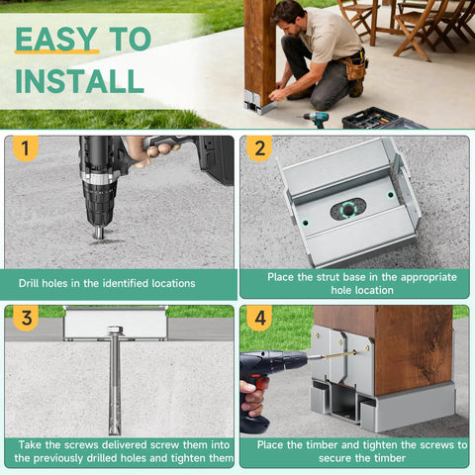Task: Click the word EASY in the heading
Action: click(56, 39)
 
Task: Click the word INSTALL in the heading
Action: click(80, 81)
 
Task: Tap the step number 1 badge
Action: click(26, 147)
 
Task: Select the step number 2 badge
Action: click(259, 148)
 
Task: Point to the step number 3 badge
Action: click(26, 318)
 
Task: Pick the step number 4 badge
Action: click(259, 318)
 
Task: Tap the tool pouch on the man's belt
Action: click(355, 67)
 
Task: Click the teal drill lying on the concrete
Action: click(315, 119)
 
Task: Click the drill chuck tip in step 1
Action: click(98, 233)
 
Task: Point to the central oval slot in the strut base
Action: click(348, 210)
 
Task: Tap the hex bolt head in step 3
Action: click(115, 330)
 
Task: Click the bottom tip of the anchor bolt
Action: click(115, 432)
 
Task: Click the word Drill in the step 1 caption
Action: click(29, 283)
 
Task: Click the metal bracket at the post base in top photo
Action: click(259, 102)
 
